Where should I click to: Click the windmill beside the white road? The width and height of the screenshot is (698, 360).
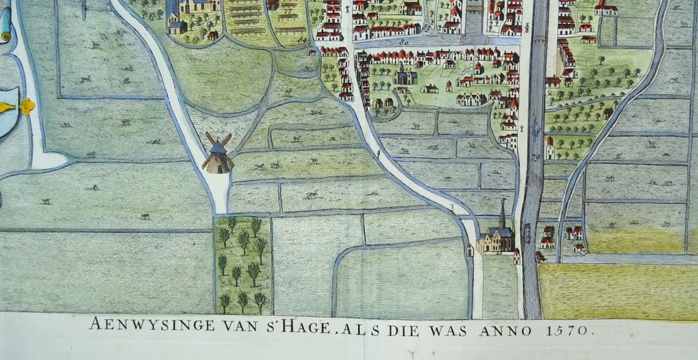(217, 153)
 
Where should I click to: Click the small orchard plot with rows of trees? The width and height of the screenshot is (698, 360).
(243, 265)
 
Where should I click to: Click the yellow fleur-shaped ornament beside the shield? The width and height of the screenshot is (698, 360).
(27, 106)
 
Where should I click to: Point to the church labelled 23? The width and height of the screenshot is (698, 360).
(404, 75)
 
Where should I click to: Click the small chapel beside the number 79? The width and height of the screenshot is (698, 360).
(550, 149)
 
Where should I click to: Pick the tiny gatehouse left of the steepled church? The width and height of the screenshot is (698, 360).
(470, 249)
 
